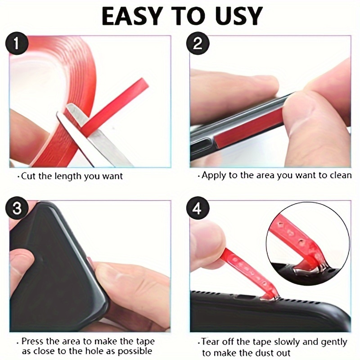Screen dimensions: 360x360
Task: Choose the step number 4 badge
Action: coord(197,209)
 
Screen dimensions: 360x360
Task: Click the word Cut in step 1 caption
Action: coord(28,176)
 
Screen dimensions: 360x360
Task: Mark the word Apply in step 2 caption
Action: coord(214,175)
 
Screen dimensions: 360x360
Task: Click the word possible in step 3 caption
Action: coord(135,351)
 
